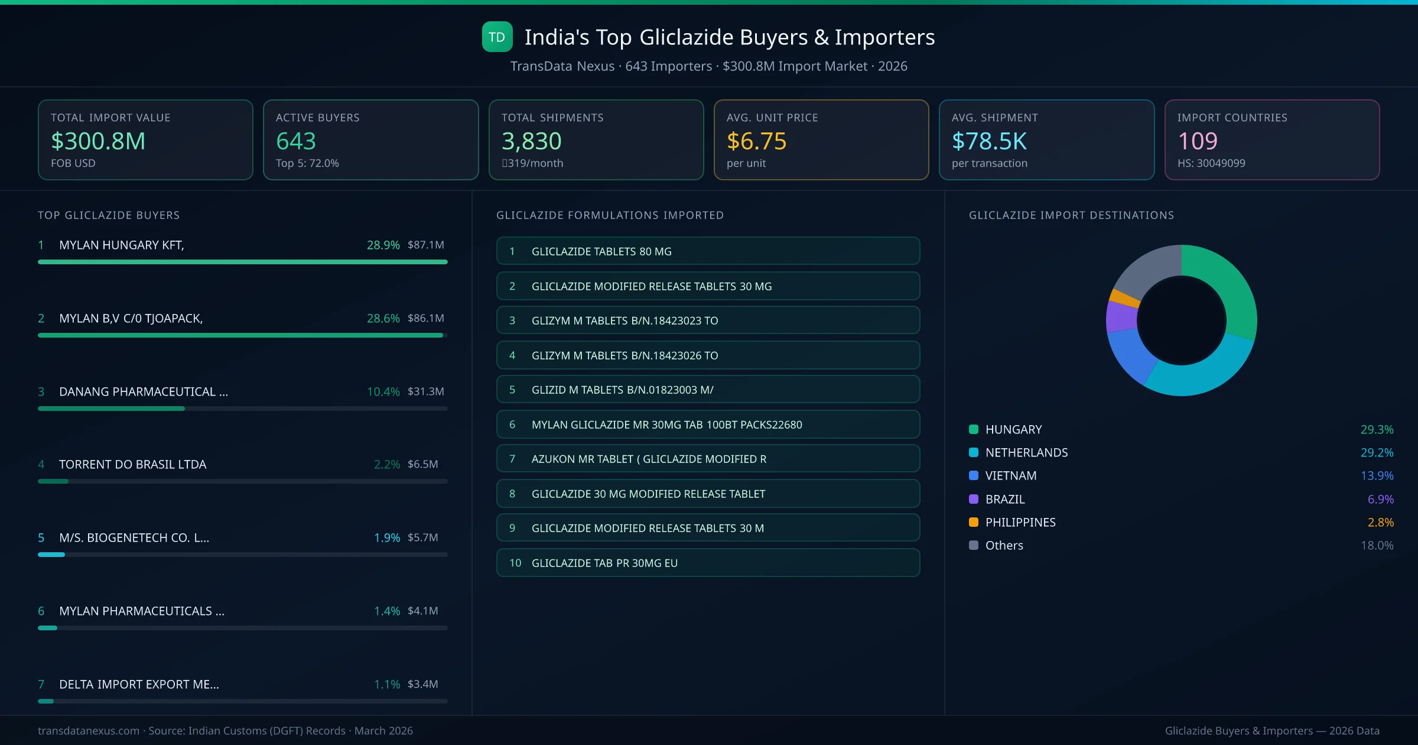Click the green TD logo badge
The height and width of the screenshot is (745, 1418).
coord(497,37)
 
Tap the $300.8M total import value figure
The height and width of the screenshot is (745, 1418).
coord(98,141)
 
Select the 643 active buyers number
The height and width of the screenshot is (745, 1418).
coord(296,141)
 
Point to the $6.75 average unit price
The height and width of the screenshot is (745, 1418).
coord(756,141)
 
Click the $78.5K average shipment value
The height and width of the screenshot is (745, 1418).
coord(989,141)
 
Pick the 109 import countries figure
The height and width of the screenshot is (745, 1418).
coord(1198,141)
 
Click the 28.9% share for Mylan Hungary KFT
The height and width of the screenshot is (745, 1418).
coord(383,245)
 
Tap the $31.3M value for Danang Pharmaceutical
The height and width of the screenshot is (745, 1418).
coord(425,391)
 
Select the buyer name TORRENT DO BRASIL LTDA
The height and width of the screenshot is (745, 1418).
coord(132,465)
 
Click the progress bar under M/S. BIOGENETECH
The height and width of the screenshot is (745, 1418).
coord(242,555)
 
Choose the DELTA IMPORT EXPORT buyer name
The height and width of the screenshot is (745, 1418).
coord(139,685)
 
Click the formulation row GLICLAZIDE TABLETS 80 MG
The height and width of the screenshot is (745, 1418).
coord(708,251)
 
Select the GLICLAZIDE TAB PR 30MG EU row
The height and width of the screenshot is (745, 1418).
coord(708,563)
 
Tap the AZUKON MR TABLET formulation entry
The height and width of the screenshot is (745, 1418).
coord(708,459)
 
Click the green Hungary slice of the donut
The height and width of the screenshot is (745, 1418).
coord(1229,284)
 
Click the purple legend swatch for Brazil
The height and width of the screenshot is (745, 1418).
coord(974,499)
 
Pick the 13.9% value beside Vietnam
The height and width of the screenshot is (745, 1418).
coord(1377,476)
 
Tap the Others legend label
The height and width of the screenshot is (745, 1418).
coord(1004,546)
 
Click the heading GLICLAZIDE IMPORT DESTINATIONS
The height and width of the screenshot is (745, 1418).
coord(1071,215)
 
